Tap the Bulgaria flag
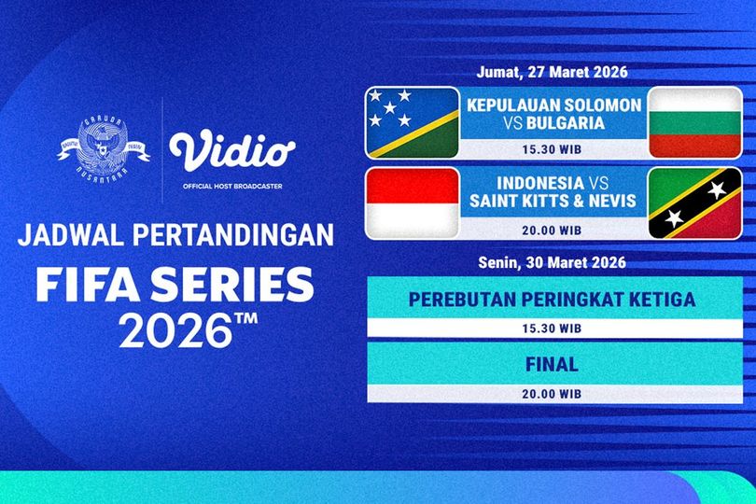[x=694, y=121]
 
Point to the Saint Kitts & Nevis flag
[x=694, y=202]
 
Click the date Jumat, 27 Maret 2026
[x=554, y=73]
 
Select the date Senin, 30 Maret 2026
[x=554, y=262]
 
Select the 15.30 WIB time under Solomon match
[x=554, y=147]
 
